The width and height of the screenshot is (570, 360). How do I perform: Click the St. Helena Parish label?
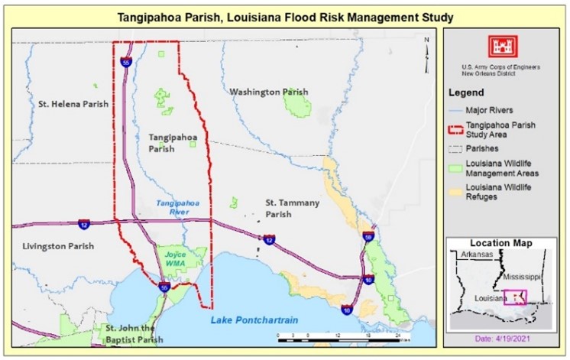point(73,103)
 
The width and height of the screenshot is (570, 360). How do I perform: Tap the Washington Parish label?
point(269,92)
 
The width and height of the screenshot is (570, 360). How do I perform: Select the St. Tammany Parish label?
point(292,208)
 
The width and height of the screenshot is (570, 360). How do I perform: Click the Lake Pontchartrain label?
point(254,319)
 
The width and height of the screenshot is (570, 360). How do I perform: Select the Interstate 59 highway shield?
point(368,238)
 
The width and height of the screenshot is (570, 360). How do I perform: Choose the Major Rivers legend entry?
point(490,110)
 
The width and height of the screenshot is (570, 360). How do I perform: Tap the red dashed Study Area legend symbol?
point(455,129)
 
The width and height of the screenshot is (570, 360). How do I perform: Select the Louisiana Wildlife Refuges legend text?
point(500,192)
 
